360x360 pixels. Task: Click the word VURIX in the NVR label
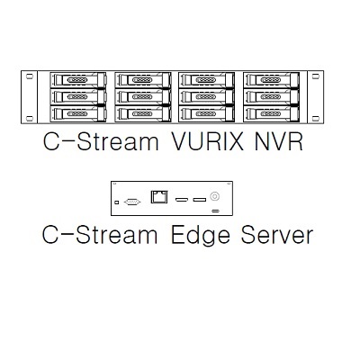pos(207,141)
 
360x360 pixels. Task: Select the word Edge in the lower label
pos(201,236)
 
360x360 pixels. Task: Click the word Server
pos(277,235)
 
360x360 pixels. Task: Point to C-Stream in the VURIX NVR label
pos(101,141)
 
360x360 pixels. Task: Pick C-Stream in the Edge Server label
pos(100,235)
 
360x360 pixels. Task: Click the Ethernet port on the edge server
pos(159,196)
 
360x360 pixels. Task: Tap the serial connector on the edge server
pos(132,202)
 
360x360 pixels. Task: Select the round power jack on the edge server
pos(214,196)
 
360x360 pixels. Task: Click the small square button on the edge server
pos(117,202)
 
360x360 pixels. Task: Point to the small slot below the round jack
pos(216,211)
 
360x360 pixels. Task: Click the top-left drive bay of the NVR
pos(78,80)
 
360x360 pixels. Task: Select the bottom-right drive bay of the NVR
pos(271,114)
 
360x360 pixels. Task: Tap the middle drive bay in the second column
pos(143,96)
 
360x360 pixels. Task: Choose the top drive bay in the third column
pos(207,80)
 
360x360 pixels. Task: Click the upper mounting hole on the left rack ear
pos(30,76)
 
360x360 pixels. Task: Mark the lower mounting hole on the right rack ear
pos(316,119)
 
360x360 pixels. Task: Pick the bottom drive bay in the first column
pos(78,114)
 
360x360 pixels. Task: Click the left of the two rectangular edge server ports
pos(182,199)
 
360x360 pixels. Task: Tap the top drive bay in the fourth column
pos(271,80)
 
